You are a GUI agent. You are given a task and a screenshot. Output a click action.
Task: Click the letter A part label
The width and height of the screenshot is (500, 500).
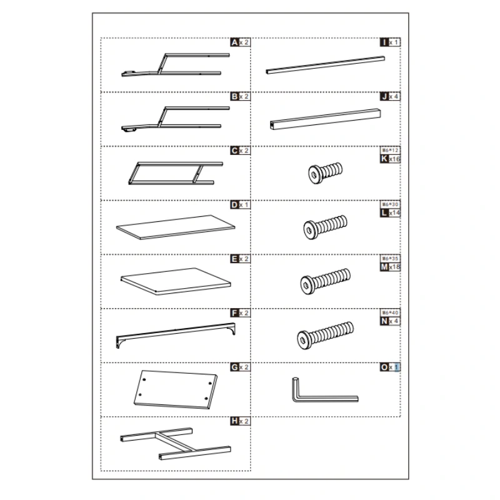pyautogui.click(x=234, y=42)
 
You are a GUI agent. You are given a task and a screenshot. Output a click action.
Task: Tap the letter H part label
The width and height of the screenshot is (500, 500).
pyautogui.click(x=234, y=421)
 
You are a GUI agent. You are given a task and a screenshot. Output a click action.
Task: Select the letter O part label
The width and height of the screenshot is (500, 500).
pyautogui.click(x=384, y=367)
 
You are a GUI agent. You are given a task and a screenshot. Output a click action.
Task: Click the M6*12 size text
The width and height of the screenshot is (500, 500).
pyautogui.click(x=390, y=151)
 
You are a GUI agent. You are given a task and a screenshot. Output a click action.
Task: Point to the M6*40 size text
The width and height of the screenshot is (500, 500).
pyautogui.click(x=390, y=312)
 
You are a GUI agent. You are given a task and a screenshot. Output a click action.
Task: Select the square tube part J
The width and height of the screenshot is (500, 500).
pyautogui.click(x=325, y=119)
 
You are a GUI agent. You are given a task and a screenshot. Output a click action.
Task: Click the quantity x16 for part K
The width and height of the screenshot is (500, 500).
pyautogui.click(x=394, y=159)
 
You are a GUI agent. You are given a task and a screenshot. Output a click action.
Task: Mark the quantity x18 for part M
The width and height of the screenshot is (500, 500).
pyautogui.click(x=394, y=267)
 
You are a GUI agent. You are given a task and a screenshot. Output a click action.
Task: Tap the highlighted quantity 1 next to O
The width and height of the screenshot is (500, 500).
pyautogui.click(x=397, y=367)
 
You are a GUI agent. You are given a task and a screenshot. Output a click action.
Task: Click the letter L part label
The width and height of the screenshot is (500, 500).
pyautogui.click(x=384, y=214)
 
